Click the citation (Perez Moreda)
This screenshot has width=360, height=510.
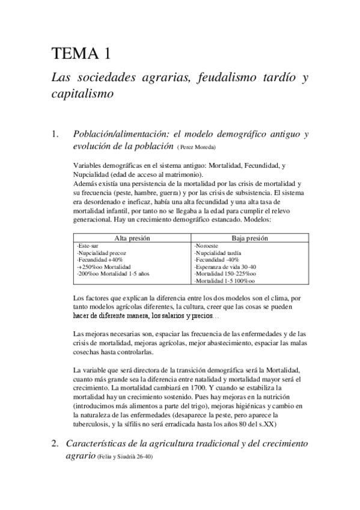pyautogui.click(x=196, y=147)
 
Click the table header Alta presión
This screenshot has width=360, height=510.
pyautogui.click(x=131, y=238)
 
